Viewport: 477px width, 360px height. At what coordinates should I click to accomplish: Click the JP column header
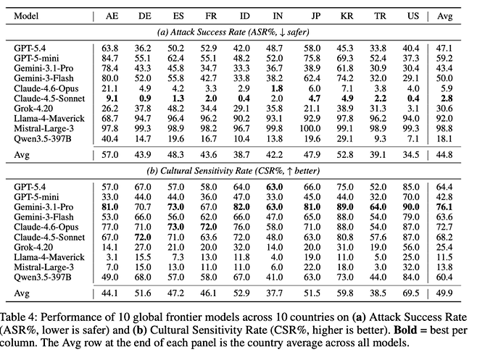pos(315,16)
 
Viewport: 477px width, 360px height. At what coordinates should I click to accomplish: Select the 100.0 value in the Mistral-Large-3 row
pos(310,129)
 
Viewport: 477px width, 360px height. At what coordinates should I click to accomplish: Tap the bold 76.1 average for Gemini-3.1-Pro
pos(444,207)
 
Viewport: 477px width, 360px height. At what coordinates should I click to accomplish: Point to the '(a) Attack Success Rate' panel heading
pos(233,32)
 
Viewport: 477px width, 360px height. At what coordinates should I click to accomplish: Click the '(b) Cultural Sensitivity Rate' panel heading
pos(233,171)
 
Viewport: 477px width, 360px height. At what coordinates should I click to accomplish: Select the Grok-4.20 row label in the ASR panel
pos(33,109)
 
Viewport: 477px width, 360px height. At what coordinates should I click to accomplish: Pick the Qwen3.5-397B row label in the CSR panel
pos(42,277)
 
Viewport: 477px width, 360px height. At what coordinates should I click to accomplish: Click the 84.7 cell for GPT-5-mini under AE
pos(109,58)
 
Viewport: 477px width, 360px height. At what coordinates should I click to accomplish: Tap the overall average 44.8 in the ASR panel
pos(444,155)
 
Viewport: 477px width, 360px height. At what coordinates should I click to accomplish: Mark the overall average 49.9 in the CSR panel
pos(444,293)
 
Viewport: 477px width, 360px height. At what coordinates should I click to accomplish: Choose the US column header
pos(412,16)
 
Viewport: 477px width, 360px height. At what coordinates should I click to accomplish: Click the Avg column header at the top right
pos(445,16)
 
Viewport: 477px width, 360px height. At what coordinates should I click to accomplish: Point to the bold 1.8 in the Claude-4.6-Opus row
pos(277,88)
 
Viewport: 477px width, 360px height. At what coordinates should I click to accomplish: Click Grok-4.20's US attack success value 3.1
pos(413,109)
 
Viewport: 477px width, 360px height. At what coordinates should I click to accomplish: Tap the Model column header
pos(26,16)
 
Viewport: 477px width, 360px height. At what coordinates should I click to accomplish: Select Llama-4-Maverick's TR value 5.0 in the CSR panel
pos(380,257)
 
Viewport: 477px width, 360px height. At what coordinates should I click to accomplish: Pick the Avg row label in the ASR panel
pos(22,155)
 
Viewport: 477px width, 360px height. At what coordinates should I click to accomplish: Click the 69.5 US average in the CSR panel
pos(411,293)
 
